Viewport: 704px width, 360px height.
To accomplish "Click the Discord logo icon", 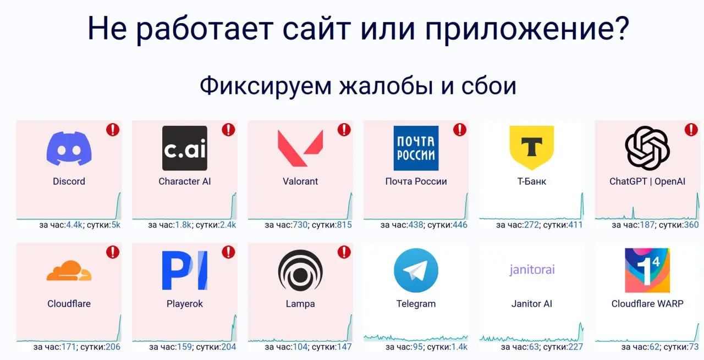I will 69,148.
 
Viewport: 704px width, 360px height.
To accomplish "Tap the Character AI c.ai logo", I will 185,148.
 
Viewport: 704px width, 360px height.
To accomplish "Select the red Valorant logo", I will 300,148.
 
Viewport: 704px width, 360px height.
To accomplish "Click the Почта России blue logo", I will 416,148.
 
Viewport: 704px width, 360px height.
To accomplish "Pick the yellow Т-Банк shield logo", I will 531,147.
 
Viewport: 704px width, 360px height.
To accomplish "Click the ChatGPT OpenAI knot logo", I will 647,148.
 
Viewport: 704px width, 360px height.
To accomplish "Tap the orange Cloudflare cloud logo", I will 69,271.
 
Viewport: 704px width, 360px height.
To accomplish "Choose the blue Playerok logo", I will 185,270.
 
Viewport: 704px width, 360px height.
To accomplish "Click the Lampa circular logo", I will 300,270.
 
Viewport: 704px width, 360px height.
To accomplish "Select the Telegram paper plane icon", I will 416,270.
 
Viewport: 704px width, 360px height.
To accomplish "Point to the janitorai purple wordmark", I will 531,269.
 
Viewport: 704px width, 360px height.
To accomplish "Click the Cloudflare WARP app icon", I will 647,270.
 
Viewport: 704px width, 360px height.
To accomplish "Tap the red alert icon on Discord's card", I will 113,130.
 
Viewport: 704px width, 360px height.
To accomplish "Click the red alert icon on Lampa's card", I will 344,252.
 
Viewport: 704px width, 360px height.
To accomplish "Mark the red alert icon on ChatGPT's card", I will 691,130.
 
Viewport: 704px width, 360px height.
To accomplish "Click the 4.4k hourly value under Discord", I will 74,225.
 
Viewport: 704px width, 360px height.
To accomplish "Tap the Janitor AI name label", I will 531,304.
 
